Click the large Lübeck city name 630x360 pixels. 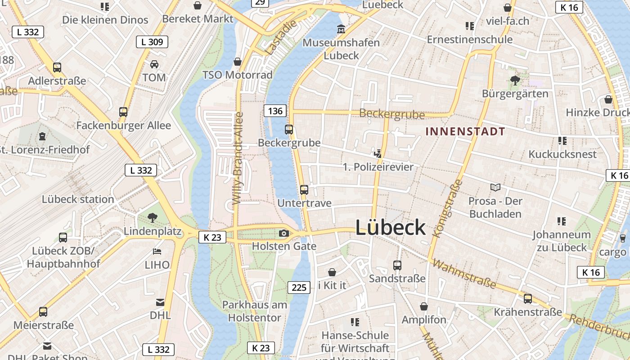click(x=390, y=228)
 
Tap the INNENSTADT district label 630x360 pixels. click(x=465, y=132)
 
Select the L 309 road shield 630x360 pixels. click(x=152, y=42)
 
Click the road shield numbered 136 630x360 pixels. click(x=275, y=111)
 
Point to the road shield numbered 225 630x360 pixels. click(x=299, y=288)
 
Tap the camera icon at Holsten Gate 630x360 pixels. click(x=283, y=233)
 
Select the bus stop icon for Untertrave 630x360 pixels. click(x=304, y=190)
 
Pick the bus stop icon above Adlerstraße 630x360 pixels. click(x=57, y=67)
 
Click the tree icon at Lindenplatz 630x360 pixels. click(x=153, y=218)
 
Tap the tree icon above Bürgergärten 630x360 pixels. click(x=515, y=81)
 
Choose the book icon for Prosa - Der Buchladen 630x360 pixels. click(x=495, y=187)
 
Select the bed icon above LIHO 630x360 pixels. click(x=157, y=251)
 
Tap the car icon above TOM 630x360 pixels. click(x=154, y=64)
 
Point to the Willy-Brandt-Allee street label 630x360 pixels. click(x=238, y=157)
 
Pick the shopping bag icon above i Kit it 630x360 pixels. click(x=332, y=272)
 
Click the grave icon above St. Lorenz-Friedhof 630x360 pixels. click(x=42, y=136)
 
